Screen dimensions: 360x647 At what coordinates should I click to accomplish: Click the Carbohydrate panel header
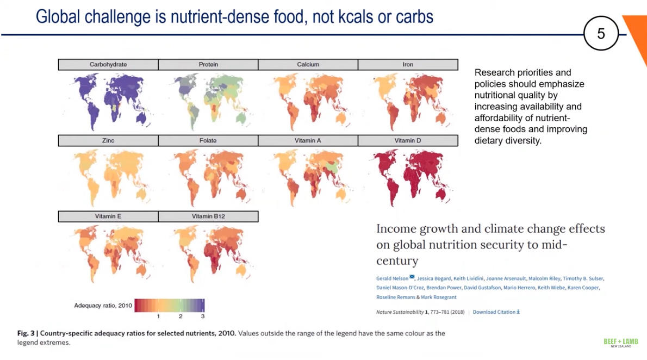(x=108, y=65)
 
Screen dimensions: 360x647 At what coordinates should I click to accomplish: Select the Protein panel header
(x=208, y=65)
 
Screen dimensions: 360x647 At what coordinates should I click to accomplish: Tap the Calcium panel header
(x=308, y=65)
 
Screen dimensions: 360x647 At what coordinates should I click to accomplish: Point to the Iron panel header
(x=408, y=65)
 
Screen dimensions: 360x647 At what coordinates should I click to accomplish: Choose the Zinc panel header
(x=108, y=141)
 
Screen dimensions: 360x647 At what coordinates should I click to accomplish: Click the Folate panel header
(x=208, y=141)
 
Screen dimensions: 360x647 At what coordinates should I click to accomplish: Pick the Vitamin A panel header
(x=308, y=141)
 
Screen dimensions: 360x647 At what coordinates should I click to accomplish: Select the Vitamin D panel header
(x=408, y=141)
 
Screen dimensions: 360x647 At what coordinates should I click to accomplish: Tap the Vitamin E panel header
(x=108, y=216)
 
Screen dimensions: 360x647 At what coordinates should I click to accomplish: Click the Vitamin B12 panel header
(x=208, y=216)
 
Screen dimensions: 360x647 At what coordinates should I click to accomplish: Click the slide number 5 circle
(x=601, y=34)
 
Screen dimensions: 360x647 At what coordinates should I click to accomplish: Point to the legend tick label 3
(x=203, y=316)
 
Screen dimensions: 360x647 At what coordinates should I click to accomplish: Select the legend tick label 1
(x=158, y=316)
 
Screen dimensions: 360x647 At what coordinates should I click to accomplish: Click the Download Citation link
(x=496, y=312)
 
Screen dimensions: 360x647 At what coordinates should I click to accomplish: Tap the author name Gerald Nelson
(x=392, y=278)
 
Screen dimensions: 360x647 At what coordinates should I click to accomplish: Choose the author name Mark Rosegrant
(x=439, y=297)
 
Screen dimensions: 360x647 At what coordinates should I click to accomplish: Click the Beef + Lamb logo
(x=620, y=343)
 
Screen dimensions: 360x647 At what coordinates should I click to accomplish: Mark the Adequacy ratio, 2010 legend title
(x=103, y=306)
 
